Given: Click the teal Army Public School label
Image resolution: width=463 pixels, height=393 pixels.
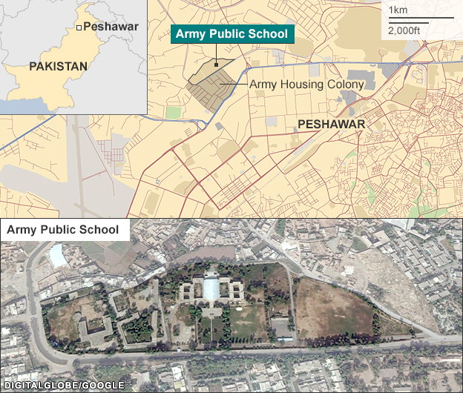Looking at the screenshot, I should point(232,33).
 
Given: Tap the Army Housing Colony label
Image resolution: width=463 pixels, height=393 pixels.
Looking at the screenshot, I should point(306,85).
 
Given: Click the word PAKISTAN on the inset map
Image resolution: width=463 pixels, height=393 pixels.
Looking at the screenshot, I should point(58,66).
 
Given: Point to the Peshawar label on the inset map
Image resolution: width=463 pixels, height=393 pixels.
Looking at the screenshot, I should point(111,27).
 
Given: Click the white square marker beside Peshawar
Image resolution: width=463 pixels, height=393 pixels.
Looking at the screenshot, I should point(78,27).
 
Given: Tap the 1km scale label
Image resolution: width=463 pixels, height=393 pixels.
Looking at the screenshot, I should point(398,10).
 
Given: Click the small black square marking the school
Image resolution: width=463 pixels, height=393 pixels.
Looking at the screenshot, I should point(217,65).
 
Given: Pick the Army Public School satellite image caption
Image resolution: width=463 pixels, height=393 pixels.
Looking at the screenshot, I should point(62,230).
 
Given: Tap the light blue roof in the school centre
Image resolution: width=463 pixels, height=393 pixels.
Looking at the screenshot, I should point(210,288).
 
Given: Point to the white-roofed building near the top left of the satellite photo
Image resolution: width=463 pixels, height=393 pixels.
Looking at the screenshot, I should point(58,255).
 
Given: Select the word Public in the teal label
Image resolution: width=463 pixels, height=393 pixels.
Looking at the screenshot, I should point(237,33).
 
